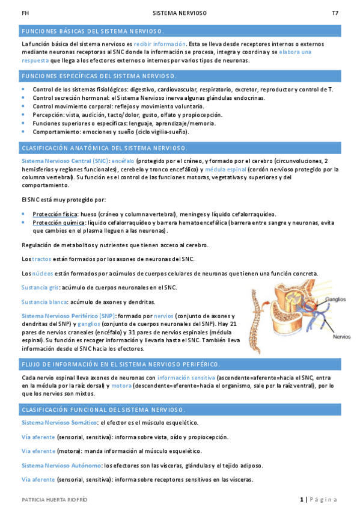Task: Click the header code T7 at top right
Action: [x=334, y=13]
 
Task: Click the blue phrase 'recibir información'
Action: [x=159, y=44]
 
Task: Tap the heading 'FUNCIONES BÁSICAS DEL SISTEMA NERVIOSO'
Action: [x=93, y=31]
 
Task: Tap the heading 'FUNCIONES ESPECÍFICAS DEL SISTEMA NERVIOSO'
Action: [x=99, y=76]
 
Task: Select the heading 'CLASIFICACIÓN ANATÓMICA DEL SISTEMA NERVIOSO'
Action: [x=104, y=148]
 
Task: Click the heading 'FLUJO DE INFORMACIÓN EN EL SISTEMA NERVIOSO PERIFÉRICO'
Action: [x=120, y=364]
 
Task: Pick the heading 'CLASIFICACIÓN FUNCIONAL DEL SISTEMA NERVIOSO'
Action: [x=103, y=410]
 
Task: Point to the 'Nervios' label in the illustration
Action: [x=341, y=336]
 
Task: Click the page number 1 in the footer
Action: [x=302, y=500]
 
